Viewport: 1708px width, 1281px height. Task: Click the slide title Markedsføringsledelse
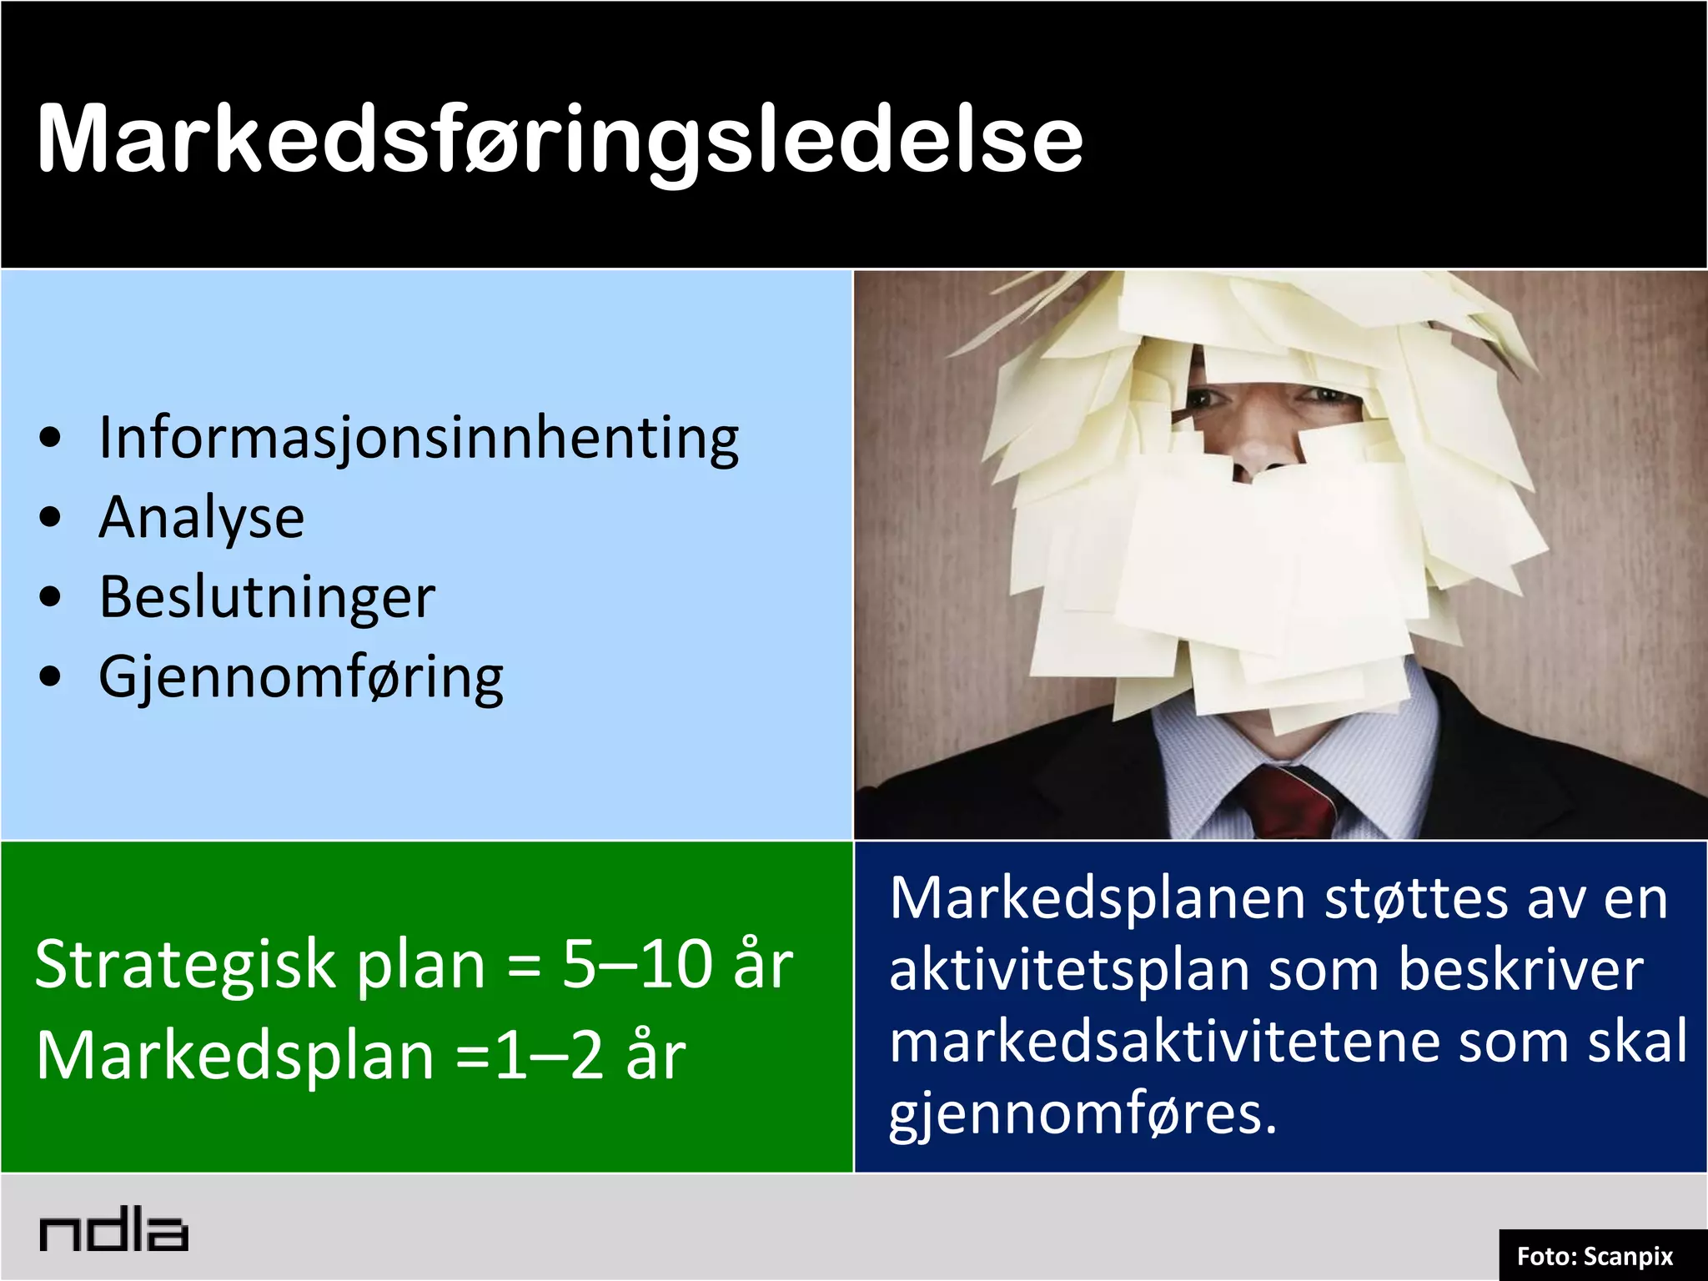560,139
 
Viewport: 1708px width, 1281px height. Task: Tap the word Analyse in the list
202,518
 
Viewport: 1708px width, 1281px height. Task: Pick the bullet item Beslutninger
267,597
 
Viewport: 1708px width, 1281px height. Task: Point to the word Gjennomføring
301,677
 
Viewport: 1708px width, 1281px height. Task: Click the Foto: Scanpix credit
1595,1256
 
